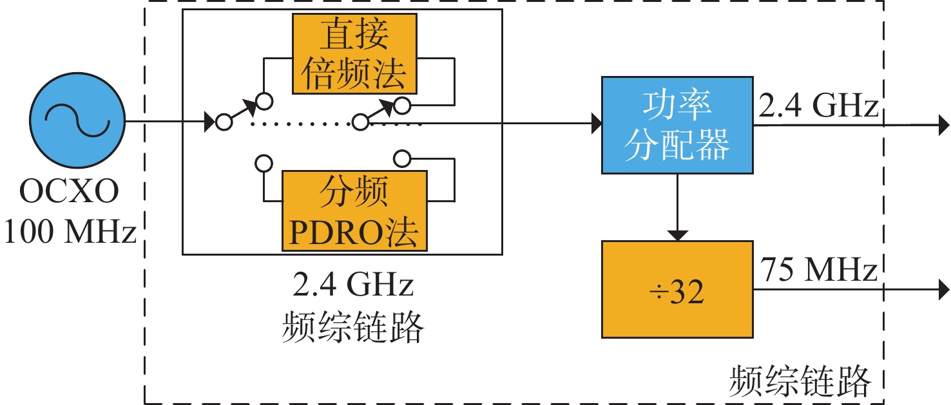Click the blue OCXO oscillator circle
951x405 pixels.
[77, 120]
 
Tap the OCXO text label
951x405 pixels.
[69, 191]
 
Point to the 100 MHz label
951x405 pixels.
[70, 232]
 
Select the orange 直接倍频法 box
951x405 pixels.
[354, 54]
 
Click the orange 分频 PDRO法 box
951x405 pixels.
[354, 211]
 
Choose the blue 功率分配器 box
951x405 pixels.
[677, 125]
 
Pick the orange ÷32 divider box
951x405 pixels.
[677, 289]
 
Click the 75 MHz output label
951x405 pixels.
[818, 270]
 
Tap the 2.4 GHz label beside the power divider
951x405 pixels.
[818, 106]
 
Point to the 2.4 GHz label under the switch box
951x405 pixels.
[353, 285]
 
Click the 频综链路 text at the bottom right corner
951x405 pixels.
[800, 381]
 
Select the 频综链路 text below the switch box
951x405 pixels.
[353, 326]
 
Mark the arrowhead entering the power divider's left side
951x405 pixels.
[597, 124]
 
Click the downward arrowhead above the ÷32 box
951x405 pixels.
[677, 236]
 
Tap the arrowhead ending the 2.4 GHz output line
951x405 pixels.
[944, 126]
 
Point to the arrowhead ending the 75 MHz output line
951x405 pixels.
[944, 290]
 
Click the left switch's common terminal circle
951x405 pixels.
[224, 122]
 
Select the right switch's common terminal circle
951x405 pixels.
[360, 122]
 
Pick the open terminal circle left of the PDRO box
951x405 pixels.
[264, 164]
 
